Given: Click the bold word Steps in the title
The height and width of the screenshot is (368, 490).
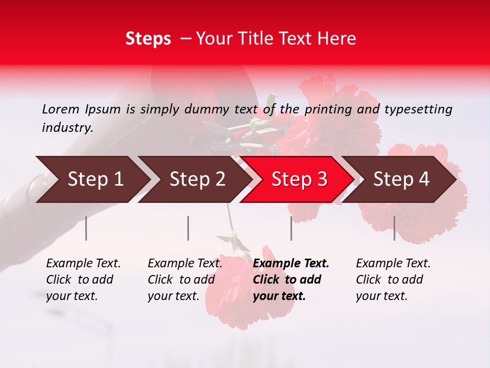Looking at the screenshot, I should point(148,39).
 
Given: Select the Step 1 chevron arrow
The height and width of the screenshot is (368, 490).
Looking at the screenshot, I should point(92,179).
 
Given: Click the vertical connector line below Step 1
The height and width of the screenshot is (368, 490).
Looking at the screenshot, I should point(86,228).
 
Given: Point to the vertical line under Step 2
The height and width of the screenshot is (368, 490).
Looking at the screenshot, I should point(188,228).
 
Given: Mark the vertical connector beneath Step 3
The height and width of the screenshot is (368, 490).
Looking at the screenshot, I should point(291,228).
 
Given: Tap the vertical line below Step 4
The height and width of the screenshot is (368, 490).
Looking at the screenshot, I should point(394,228).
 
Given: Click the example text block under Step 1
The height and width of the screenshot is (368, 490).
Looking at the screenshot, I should point(83,280).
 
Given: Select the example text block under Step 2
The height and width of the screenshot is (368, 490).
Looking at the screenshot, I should point(185,280).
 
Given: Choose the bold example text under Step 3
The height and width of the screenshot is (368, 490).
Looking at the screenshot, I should point(291,280).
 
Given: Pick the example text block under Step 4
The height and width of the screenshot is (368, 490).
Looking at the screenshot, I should point(393,280).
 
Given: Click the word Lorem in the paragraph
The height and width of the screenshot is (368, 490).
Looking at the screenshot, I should point(61,109).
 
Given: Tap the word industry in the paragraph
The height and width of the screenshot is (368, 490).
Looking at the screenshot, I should point(67,128).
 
